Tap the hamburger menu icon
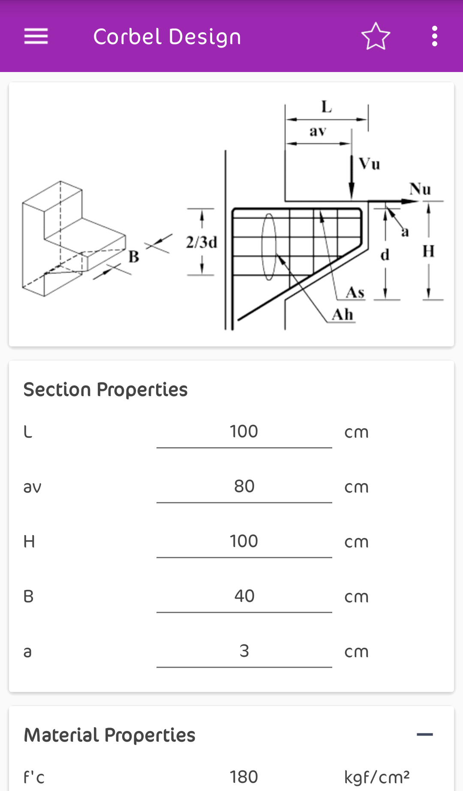tap(36, 36)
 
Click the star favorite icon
tap(376, 36)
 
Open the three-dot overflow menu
tap(435, 36)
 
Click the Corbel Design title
tap(167, 37)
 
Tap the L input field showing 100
tap(244, 432)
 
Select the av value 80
tap(244, 487)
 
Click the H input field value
tap(244, 541)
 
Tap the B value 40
tap(244, 596)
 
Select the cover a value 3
tap(244, 651)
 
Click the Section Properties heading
tap(105, 390)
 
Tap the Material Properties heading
tap(109, 735)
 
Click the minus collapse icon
tap(425, 735)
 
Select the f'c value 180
tap(244, 777)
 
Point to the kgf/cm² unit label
tap(377, 777)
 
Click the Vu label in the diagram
tap(370, 164)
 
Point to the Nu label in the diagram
tap(420, 189)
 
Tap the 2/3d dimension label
tap(201, 243)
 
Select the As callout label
tap(355, 293)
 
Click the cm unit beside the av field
tap(356, 487)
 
